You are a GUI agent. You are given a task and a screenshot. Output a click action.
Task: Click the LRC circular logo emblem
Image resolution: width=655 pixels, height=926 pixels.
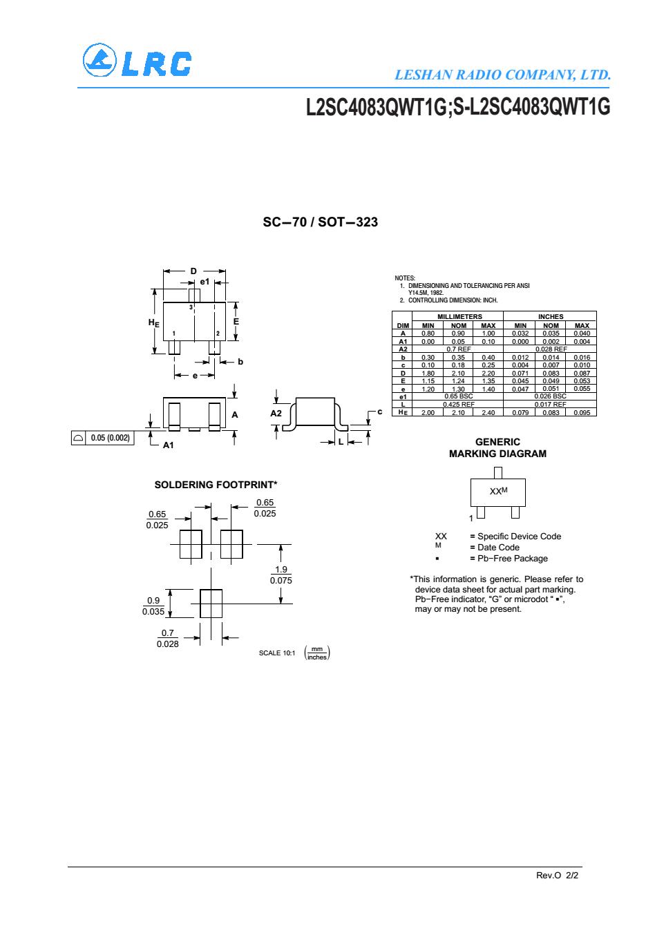point(99,60)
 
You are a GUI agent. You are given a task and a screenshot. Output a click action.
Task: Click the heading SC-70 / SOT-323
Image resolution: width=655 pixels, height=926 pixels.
point(320,222)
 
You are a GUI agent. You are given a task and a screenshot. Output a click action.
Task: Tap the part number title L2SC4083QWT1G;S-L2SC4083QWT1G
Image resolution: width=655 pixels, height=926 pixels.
point(458,107)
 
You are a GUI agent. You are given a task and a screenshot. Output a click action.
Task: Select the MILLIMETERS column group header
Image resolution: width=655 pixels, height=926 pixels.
point(459,316)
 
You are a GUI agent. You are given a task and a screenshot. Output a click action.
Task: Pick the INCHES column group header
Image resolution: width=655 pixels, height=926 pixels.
point(551,316)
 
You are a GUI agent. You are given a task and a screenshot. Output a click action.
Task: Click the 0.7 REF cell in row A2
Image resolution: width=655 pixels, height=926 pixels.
point(458,349)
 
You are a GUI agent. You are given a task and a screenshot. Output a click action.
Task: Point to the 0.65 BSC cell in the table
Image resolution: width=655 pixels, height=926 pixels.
point(458,396)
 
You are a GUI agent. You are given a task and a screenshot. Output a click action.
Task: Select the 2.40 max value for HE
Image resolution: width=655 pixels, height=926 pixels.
point(488,412)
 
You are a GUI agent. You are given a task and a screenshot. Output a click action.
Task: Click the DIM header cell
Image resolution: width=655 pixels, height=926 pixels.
point(403,325)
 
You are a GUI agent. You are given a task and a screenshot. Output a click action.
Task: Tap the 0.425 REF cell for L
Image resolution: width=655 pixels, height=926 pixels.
point(458,404)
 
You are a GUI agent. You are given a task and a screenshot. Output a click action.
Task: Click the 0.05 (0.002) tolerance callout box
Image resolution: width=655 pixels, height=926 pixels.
point(102,438)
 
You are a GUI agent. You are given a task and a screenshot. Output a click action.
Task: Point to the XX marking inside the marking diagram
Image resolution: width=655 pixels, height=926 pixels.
point(495,492)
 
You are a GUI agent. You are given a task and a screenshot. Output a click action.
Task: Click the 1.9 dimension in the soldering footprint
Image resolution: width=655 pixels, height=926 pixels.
point(281,569)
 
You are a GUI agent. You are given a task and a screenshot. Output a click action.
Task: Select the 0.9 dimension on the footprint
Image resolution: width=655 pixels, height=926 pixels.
point(153,600)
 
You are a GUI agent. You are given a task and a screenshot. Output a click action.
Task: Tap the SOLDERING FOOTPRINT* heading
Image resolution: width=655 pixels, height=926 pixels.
point(216,485)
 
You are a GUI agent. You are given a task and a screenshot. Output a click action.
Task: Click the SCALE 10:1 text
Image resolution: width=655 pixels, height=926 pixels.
point(277,653)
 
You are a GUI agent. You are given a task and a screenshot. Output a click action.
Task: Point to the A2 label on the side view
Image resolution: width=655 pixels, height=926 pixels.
point(276,413)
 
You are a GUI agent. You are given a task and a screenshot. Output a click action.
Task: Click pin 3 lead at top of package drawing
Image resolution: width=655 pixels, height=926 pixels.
point(194,296)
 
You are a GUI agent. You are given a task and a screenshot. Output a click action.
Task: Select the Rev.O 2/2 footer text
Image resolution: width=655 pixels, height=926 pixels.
point(557,875)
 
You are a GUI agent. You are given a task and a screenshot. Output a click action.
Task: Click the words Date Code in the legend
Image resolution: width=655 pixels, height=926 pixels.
point(498,548)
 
